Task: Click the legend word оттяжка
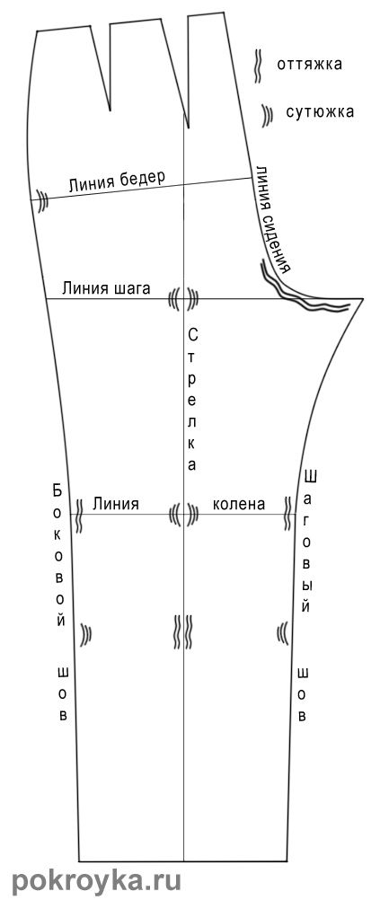pyautogui.click(x=309, y=64)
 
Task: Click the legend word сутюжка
pyautogui.click(x=320, y=112)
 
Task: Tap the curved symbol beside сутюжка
pyautogui.click(x=266, y=115)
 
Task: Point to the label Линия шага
pyautogui.click(x=106, y=287)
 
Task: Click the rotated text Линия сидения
pyautogui.click(x=272, y=219)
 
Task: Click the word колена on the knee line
pyautogui.click(x=239, y=504)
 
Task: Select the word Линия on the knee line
pyautogui.click(x=115, y=504)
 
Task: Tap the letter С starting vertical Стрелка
pyautogui.click(x=193, y=333)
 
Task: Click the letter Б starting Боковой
pyautogui.click(x=57, y=490)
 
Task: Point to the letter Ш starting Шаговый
pyautogui.click(x=311, y=476)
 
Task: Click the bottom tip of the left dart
pyautogui.click(x=110, y=110)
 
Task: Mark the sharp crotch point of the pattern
pyautogui.click(x=363, y=298)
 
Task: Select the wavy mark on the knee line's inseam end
pyautogui.click(x=287, y=513)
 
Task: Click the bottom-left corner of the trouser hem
pyautogui.click(x=79, y=861)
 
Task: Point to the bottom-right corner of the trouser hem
pyautogui.click(x=287, y=861)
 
